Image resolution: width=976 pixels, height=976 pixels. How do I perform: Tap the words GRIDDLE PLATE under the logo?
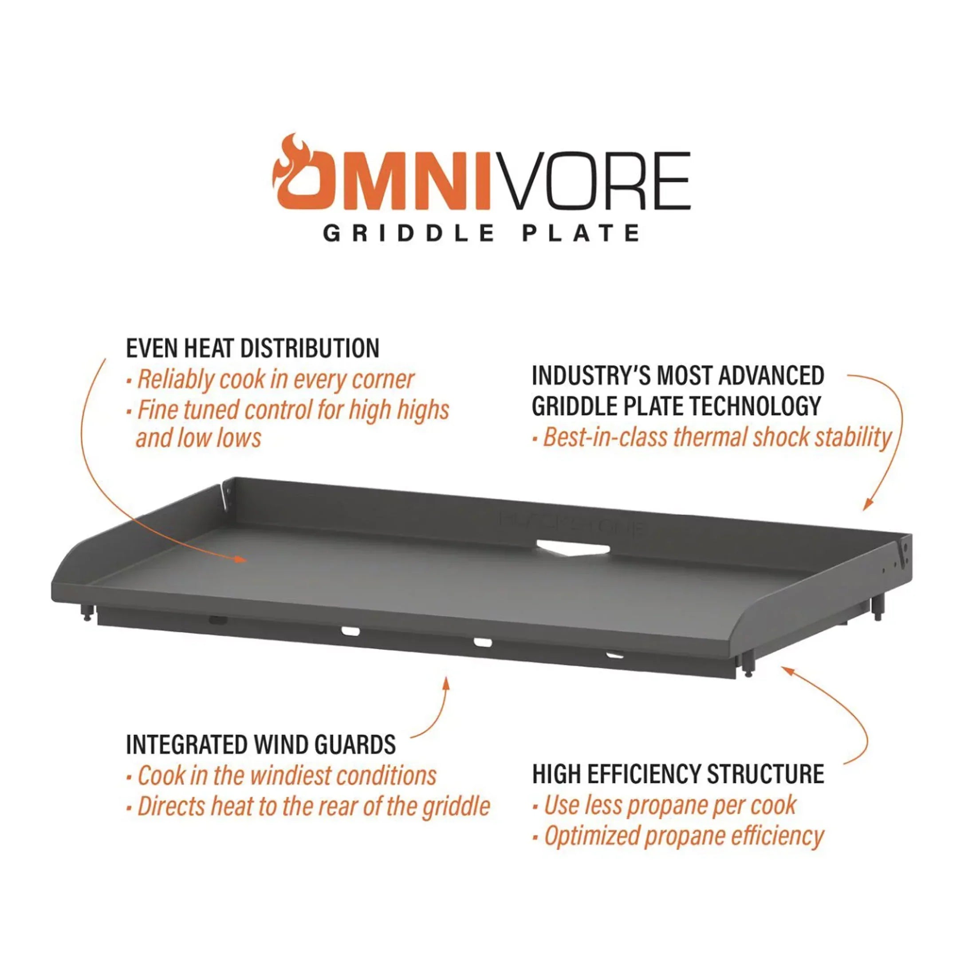click(481, 233)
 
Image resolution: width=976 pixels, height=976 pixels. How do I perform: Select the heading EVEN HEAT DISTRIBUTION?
click(252, 349)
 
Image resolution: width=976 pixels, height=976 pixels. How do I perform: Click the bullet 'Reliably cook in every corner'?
click(271, 380)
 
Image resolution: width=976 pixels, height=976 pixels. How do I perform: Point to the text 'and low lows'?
click(199, 437)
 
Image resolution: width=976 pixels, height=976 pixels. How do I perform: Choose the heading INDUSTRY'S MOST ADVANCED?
click(678, 375)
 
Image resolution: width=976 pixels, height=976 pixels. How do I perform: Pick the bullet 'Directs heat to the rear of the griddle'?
click(309, 806)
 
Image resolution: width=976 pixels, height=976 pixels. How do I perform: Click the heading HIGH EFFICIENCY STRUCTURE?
click(678, 774)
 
